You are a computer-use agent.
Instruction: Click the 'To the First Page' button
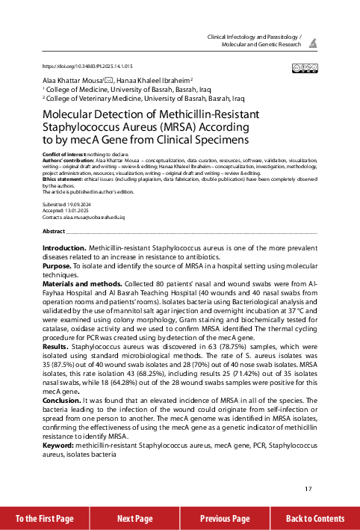pos(45,518)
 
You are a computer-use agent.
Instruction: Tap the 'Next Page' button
pos(134,518)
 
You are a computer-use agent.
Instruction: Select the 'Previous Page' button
pos(225,518)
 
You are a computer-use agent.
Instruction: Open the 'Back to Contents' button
pos(315,518)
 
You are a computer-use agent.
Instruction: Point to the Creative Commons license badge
pos(305,67)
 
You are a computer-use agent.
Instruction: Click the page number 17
pos(308,490)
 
